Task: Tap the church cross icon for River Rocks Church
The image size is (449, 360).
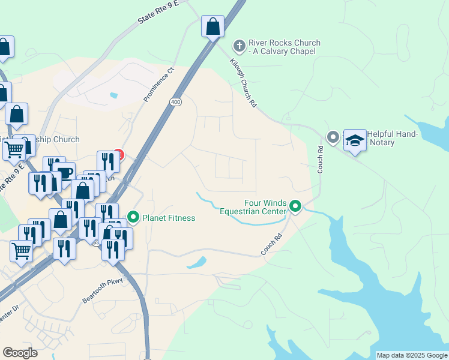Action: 239,45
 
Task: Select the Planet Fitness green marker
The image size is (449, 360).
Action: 133,217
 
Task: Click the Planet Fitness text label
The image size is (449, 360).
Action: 169,218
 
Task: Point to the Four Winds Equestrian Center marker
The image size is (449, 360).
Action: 295,206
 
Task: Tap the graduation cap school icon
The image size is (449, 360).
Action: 355,140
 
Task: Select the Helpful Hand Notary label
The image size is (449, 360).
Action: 393,138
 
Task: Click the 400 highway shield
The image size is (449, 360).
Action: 175,103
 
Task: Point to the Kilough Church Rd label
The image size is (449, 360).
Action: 244,83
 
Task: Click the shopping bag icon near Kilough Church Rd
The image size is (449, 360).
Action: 212,26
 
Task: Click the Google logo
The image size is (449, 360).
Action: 20,353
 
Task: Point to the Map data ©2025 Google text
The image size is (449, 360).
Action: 412,355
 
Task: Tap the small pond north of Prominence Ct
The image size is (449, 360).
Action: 113,95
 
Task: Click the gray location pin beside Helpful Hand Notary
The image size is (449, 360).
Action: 333,137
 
